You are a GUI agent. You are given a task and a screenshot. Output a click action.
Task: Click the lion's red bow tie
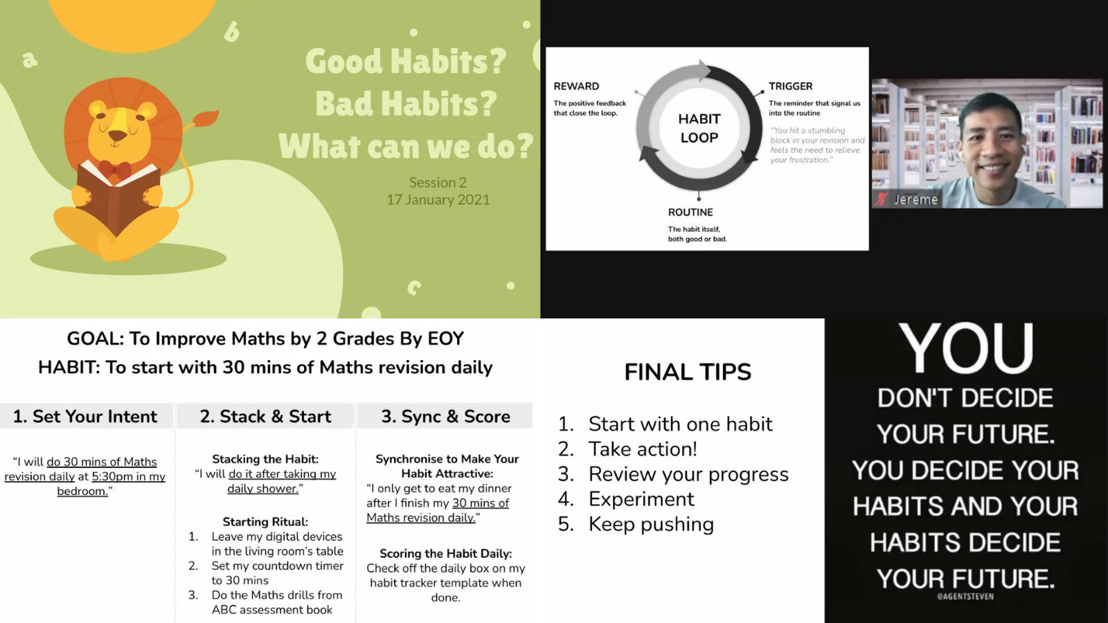(x=115, y=169)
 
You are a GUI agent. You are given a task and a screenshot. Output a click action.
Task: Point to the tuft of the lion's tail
(x=204, y=119)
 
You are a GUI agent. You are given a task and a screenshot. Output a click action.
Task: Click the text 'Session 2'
(x=438, y=182)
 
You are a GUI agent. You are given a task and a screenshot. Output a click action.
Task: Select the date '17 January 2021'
(x=438, y=199)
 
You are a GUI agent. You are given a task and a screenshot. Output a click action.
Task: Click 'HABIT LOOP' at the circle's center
(x=699, y=128)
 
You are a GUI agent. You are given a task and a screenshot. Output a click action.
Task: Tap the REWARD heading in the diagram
(x=576, y=86)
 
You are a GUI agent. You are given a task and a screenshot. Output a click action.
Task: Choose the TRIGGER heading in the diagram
(x=790, y=86)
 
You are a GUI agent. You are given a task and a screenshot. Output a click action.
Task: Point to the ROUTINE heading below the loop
(x=690, y=212)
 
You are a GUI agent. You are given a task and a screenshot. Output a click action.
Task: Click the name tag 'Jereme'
(x=915, y=199)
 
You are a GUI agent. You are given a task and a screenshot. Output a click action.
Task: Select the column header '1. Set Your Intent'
(x=85, y=416)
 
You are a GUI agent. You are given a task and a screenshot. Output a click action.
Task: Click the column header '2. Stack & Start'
(x=265, y=416)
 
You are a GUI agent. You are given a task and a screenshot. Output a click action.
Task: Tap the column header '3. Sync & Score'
(x=445, y=416)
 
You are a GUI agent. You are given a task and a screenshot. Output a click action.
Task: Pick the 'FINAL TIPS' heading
(x=688, y=372)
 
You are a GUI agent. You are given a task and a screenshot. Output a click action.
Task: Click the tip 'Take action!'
(x=643, y=449)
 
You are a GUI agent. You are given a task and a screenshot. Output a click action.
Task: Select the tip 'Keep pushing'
(x=651, y=524)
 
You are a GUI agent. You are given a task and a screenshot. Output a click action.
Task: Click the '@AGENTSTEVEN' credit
(x=965, y=596)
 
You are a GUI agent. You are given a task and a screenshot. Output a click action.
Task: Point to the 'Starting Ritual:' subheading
(x=265, y=521)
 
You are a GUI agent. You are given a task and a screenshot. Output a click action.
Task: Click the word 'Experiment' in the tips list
(x=641, y=499)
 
